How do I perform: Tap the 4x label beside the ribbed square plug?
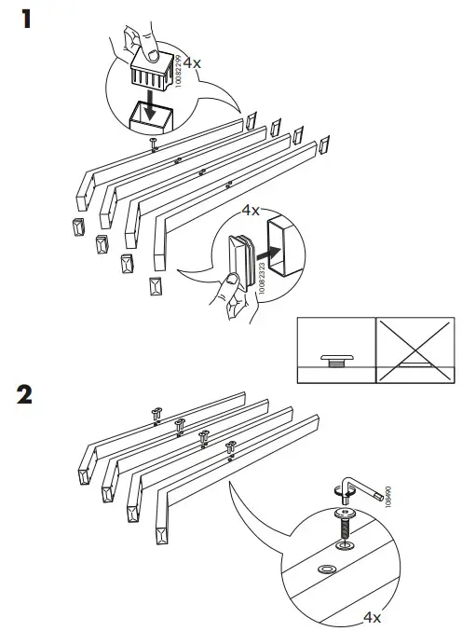point(192,63)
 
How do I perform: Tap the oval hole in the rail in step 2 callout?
point(327,568)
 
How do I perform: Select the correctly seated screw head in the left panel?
point(334,358)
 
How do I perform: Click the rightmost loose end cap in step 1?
point(325,145)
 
